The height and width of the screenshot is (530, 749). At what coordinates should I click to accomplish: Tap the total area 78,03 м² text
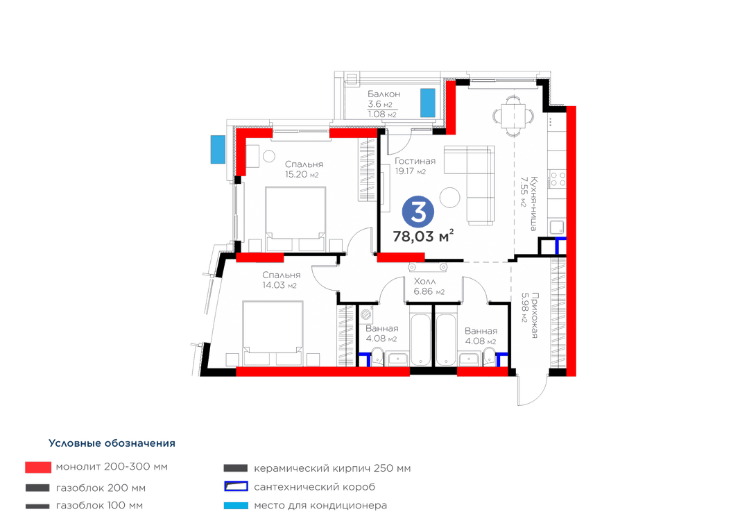pyautogui.click(x=423, y=236)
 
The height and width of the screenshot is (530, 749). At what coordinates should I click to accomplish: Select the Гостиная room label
pyautogui.click(x=415, y=161)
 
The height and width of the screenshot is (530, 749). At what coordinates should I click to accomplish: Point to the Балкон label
pyautogui.click(x=384, y=94)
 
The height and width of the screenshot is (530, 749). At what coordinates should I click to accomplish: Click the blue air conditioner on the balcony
pyautogui.click(x=427, y=103)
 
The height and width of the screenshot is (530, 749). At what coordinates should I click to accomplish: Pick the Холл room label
pyautogui.click(x=424, y=281)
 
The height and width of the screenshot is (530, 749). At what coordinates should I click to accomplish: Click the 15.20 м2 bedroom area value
pyautogui.click(x=302, y=174)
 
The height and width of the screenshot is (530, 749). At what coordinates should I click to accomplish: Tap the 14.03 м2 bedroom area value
pyautogui.click(x=279, y=285)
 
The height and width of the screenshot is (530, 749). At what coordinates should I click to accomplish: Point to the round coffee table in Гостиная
pyautogui.click(x=449, y=197)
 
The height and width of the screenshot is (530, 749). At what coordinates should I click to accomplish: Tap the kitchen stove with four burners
pyautogui.click(x=557, y=179)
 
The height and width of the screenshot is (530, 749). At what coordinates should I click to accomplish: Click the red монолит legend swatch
pyautogui.click(x=38, y=468)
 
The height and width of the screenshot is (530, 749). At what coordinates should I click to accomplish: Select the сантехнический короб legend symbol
pyautogui.click(x=236, y=487)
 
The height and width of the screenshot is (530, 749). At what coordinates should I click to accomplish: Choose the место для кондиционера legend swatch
pyautogui.click(x=236, y=506)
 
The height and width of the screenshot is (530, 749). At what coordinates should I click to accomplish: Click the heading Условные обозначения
pyautogui.click(x=112, y=443)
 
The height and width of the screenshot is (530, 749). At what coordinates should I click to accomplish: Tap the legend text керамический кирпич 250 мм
pyautogui.click(x=332, y=468)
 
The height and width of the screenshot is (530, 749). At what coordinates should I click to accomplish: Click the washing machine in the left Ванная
pyautogui.click(x=367, y=314)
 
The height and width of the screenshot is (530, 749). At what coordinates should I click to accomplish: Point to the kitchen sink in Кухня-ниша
pyautogui.click(x=557, y=228)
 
